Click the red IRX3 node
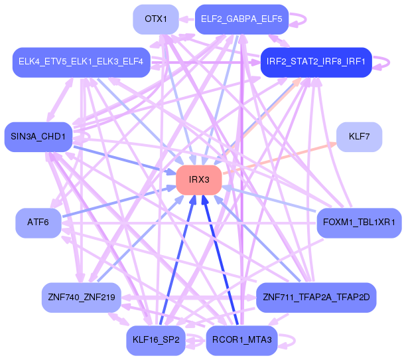199,180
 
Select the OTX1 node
156,19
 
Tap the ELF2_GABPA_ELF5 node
241,19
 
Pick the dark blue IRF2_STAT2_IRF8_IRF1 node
316,62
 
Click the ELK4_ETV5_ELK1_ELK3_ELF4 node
82,62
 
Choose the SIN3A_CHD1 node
38,137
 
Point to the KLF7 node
359,137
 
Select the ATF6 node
38,223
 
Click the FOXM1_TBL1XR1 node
359,223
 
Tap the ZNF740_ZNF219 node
82,298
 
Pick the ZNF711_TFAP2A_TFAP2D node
316,298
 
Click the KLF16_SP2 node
156,340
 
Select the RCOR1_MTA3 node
241,340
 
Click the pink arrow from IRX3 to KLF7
280,158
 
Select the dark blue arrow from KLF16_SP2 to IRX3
178,260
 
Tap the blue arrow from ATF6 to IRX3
119,201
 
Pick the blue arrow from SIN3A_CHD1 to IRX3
125,160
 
